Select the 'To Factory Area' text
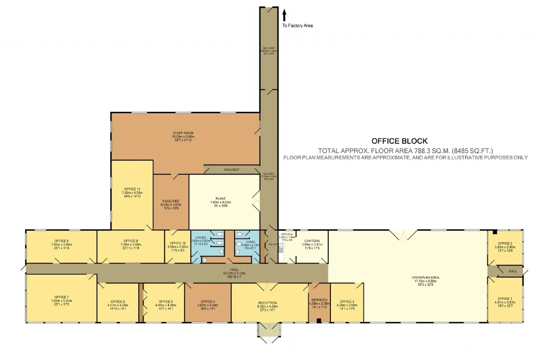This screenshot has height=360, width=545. click(x=298, y=26)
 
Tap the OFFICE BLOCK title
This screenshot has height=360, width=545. click(x=399, y=141)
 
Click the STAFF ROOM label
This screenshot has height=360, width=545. click(x=183, y=133)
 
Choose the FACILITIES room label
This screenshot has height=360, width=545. click(x=171, y=201)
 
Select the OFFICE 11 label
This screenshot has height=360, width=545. click(x=132, y=189)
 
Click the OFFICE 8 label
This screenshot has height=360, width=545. click(x=62, y=241)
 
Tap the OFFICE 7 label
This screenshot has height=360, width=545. click(x=62, y=297)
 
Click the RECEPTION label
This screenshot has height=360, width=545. click(x=267, y=303)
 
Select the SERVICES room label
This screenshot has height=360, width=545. click(x=319, y=300)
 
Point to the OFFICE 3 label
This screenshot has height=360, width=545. click(x=347, y=301)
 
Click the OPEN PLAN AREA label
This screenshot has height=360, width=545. click(x=426, y=277)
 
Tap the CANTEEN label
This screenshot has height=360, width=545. click(x=310, y=241)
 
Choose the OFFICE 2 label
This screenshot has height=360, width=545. click(x=505, y=243)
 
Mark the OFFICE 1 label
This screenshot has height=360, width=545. click(x=505, y=298)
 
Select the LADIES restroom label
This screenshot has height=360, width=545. click(x=201, y=237)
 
